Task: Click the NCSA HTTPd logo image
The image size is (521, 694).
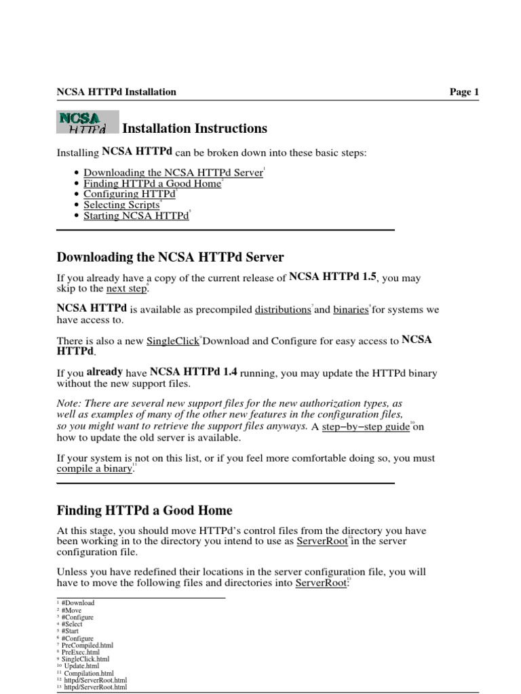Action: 87,123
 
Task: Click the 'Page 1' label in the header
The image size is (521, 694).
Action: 464,92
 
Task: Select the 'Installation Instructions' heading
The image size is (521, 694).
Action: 195,129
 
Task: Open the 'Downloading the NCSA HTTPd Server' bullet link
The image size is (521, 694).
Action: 173,173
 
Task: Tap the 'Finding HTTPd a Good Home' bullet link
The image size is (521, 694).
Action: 153,184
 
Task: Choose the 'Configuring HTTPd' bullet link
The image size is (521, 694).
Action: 129,195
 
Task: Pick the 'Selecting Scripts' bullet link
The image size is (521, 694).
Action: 121,205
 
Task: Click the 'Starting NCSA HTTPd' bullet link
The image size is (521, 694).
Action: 136,216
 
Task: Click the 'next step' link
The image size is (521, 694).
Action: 126,289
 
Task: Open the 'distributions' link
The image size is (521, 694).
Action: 282,310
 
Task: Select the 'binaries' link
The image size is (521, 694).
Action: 350,310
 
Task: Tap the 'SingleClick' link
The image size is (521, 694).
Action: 172,342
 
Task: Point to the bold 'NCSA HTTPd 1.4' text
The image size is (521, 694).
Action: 193,372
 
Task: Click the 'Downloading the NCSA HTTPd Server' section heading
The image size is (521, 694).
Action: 170,258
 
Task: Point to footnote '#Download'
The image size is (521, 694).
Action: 77,603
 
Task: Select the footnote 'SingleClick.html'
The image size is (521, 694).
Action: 85,659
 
